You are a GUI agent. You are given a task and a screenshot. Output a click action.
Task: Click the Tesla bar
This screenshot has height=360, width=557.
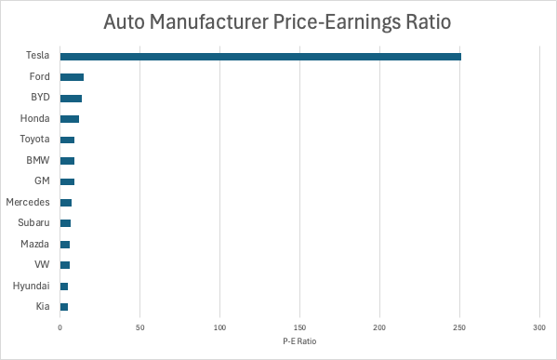click(260, 57)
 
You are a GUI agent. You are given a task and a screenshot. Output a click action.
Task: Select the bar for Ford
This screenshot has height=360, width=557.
click(72, 77)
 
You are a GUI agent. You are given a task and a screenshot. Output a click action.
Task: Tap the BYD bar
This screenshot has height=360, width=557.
click(71, 98)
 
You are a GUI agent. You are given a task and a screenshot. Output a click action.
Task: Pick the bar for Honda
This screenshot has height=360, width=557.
click(70, 119)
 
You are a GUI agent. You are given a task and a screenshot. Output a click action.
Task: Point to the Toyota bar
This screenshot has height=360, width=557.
click(67, 140)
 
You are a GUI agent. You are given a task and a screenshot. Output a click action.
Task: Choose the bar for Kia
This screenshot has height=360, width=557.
click(64, 306)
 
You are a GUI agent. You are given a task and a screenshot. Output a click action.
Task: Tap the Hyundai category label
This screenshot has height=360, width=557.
click(31, 286)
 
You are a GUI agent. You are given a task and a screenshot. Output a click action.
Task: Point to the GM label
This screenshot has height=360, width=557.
click(42, 181)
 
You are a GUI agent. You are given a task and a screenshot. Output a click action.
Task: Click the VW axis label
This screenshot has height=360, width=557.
click(41, 264)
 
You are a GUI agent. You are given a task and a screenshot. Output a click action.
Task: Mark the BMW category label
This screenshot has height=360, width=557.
click(38, 160)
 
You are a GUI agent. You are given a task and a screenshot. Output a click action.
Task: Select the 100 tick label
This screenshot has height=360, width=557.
click(219, 328)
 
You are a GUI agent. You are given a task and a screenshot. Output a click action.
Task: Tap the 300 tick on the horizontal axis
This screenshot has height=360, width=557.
click(539, 328)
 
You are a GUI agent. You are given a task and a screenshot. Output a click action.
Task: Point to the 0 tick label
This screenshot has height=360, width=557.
click(60, 328)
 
